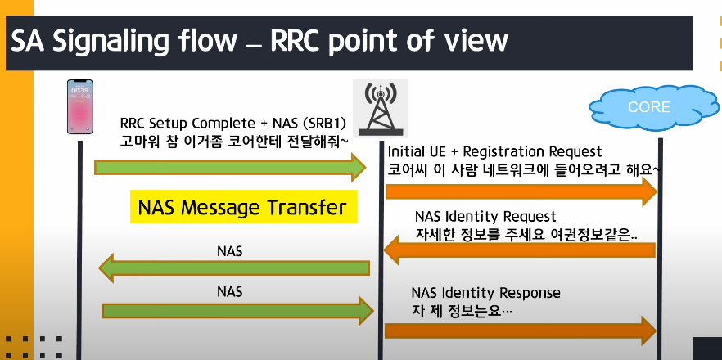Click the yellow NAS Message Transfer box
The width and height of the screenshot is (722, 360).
242,208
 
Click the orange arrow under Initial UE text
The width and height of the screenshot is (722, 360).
521,191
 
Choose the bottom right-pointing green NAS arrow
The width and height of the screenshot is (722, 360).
237,310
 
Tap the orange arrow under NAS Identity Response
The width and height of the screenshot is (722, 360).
521,331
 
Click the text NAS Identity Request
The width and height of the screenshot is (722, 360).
485,217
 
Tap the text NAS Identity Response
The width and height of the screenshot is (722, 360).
485,293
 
